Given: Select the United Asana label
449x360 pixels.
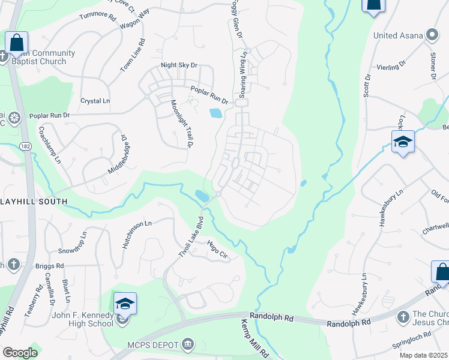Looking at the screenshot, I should click(x=398, y=35).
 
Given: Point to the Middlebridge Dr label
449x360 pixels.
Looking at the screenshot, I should click(x=118, y=153).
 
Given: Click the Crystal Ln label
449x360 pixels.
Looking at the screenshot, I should click(x=95, y=101).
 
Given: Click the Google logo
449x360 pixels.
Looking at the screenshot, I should click(x=20, y=352).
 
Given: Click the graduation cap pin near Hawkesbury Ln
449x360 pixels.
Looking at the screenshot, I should click(x=403, y=142).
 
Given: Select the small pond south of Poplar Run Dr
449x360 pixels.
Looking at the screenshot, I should click(x=215, y=112).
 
